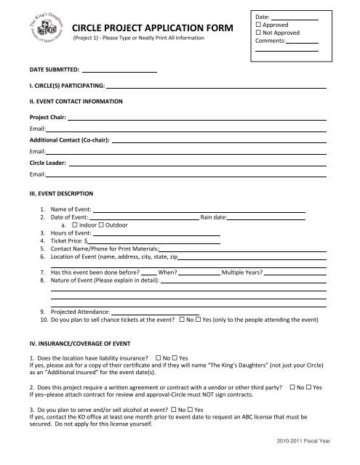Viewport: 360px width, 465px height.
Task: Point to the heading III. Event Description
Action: pyautogui.click(x=61, y=194)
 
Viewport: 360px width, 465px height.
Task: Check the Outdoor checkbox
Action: pyautogui.click(x=103, y=225)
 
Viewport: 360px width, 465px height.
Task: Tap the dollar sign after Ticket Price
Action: pyautogui.click(x=86, y=240)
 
